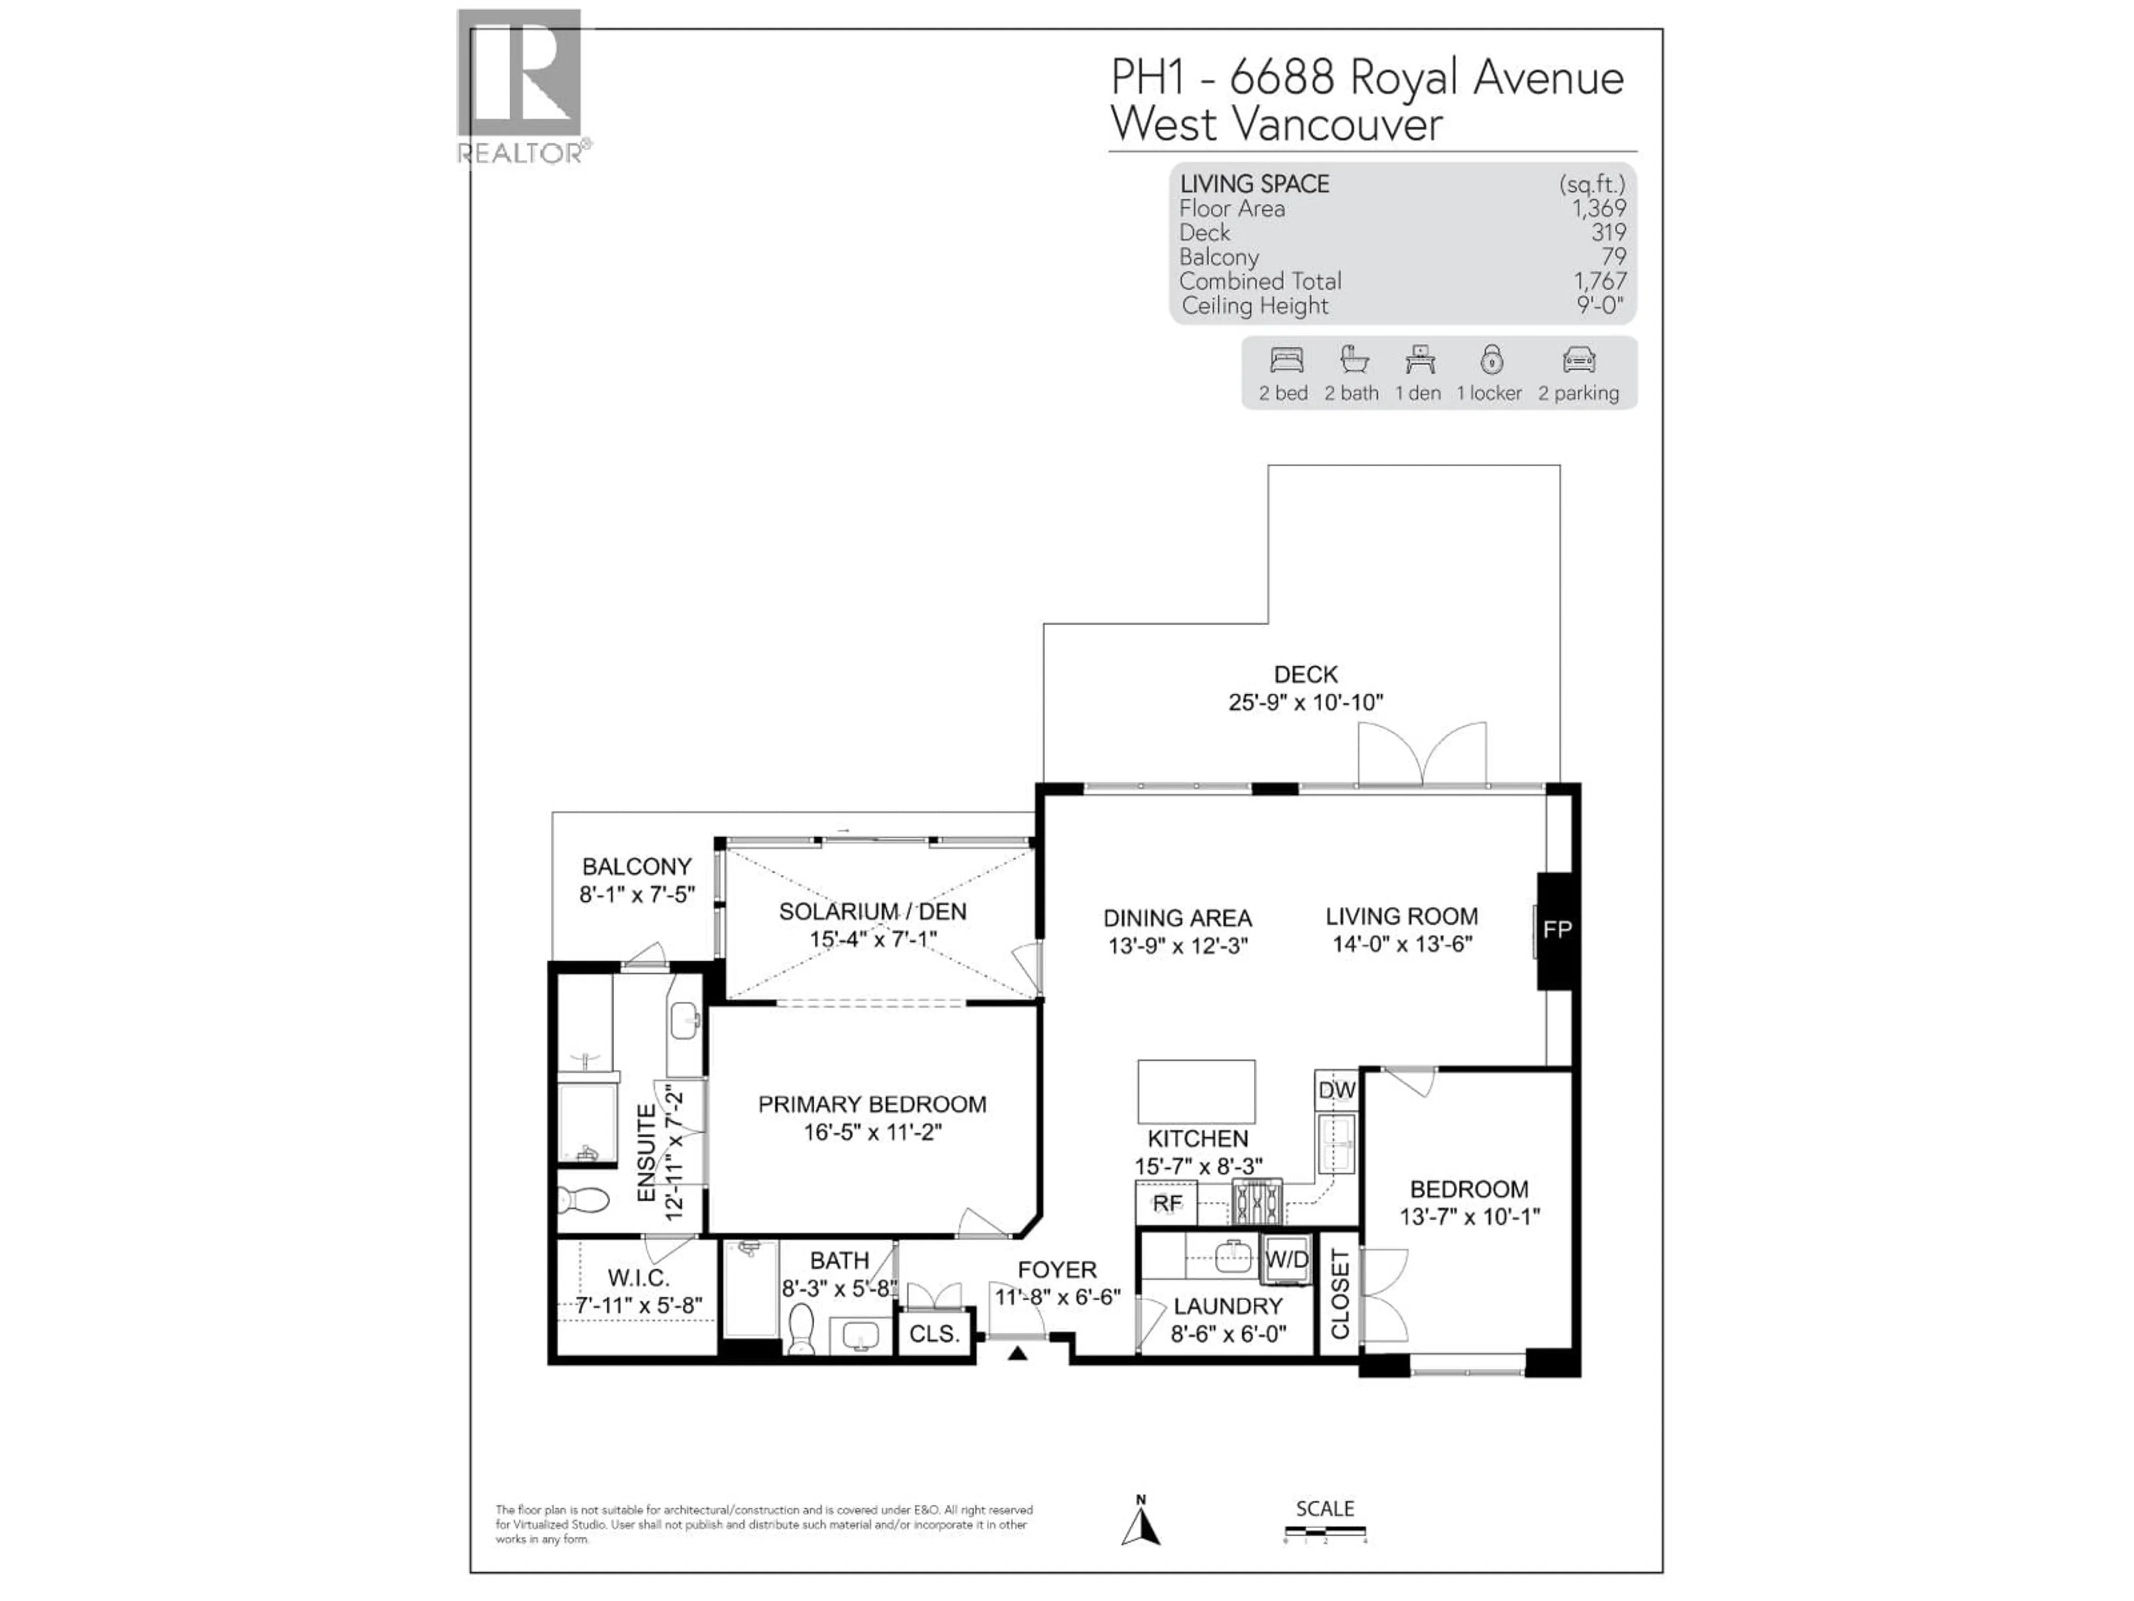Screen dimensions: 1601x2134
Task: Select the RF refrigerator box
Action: (1166, 1204)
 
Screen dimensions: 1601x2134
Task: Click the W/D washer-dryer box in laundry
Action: (1286, 1259)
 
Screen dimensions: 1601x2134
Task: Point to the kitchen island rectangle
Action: (1196, 1091)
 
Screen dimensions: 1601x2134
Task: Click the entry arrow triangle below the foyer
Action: (1018, 1354)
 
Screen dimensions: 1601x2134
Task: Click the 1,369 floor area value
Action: (1599, 208)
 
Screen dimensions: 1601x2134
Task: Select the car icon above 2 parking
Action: (1578, 361)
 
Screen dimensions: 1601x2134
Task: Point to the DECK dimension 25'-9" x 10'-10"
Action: (1305, 703)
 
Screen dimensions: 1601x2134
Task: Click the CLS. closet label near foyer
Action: (934, 1334)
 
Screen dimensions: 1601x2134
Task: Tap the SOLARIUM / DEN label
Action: (872, 911)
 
